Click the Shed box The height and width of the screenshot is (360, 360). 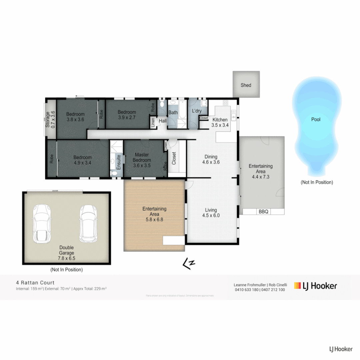pyautogui.click(x=246, y=85)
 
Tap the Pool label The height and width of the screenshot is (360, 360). pyautogui.click(x=315, y=119)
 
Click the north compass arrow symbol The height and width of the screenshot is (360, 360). pyautogui.click(x=188, y=263)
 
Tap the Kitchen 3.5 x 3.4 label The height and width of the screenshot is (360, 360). pyautogui.click(x=220, y=122)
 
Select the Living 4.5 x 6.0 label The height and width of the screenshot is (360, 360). pyautogui.click(x=211, y=213)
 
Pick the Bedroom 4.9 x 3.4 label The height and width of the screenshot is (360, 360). pyautogui.click(x=82, y=160)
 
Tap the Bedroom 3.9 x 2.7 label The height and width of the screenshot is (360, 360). pyautogui.click(x=127, y=115)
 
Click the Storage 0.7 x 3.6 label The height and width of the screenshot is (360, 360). pyautogui.click(x=50, y=119)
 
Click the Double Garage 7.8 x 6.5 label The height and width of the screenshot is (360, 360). pyautogui.click(x=66, y=251)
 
